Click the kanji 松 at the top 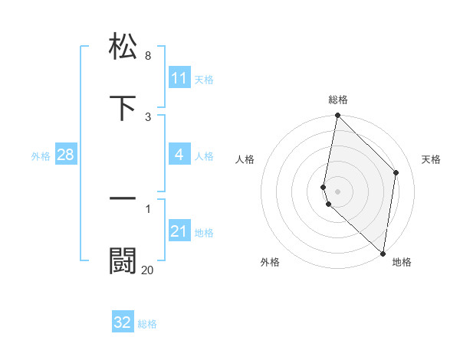pyautogui.click(x=123, y=45)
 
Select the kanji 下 pyautogui.click(x=123, y=108)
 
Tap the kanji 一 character pyautogui.click(x=123, y=198)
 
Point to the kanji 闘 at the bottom pyautogui.click(x=123, y=261)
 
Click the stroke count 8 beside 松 pyautogui.click(x=148, y=56)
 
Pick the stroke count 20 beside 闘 pyautogui.click(x=148, y=270)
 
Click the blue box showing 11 pyautogui.click(x=179, y=78)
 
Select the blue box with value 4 pyautogui.click(x=179, y=155)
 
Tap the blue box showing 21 pyautogui.click(x=179, y=231)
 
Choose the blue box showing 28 pyautogui.click(x=66, y=155)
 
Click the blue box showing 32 pyautogui.click(x=123, y=322)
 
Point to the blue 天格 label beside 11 pyautogui.click(x=204, y=79)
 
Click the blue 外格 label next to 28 pyautogui.click(x=41, y=155)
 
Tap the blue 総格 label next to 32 pyautogui.click(x=147, y=324)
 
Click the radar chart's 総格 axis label pyautogui.click(x=338, y=100)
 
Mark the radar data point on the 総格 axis pyautogui.click(x=337, y=116)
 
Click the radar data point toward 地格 pyautogui.click(x=383, y=254)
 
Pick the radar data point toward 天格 pyautogui.click(x=396, y=172)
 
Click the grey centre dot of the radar pyautogui.click(x=337, y=191)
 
